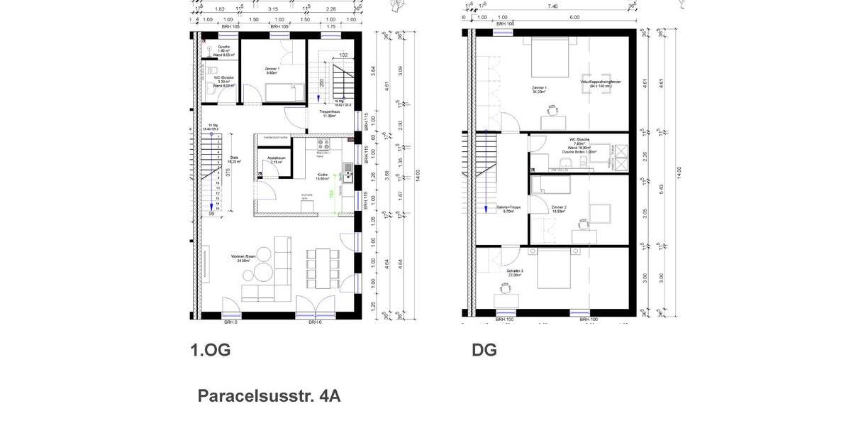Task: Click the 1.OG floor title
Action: pos(210,350)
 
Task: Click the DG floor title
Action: pos(484,350)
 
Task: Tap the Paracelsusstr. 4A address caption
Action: pos(269,396)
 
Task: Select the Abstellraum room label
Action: pos(275,160)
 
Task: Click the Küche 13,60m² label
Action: pos(323,177)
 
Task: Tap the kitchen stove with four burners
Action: pos(323,145)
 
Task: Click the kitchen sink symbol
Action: pos(348,170)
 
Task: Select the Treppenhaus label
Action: pos(328,115)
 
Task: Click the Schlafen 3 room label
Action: pos(514,273)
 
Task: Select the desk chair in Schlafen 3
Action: pos(505,288)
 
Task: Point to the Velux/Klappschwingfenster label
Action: pos(600,84)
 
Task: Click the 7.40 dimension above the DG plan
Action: pos(552,6)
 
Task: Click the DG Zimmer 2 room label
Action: pos(559,209)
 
